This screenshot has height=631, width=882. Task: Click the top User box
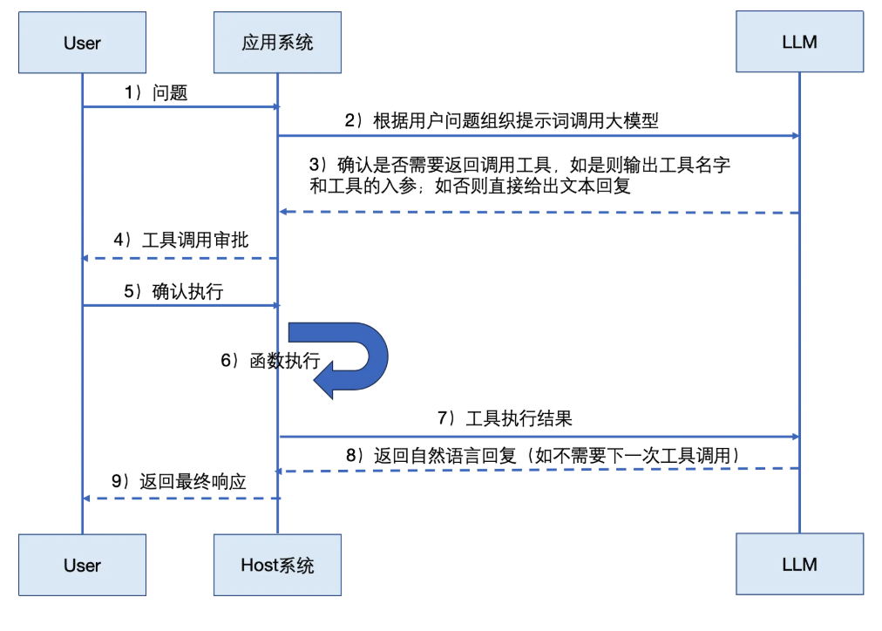(x=82, y=42)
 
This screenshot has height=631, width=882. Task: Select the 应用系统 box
(x=277, y=42)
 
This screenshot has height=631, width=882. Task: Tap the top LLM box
(x=799, y=42)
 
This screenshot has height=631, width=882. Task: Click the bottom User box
(x=82, y=565)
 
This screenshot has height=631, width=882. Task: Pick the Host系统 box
(x=277, y=565)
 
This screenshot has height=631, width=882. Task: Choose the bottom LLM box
(x=799, y=565)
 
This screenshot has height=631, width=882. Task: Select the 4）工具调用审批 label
(x=181, y=239)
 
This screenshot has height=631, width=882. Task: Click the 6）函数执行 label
(x=270, y=361)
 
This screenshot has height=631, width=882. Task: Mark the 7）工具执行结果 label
(x=505, y=418)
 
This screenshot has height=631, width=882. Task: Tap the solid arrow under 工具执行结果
(x=539, y=436)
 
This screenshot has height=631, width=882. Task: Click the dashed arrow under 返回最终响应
(x=180, y=499)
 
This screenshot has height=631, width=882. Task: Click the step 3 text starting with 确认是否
(x=519, y=175)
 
